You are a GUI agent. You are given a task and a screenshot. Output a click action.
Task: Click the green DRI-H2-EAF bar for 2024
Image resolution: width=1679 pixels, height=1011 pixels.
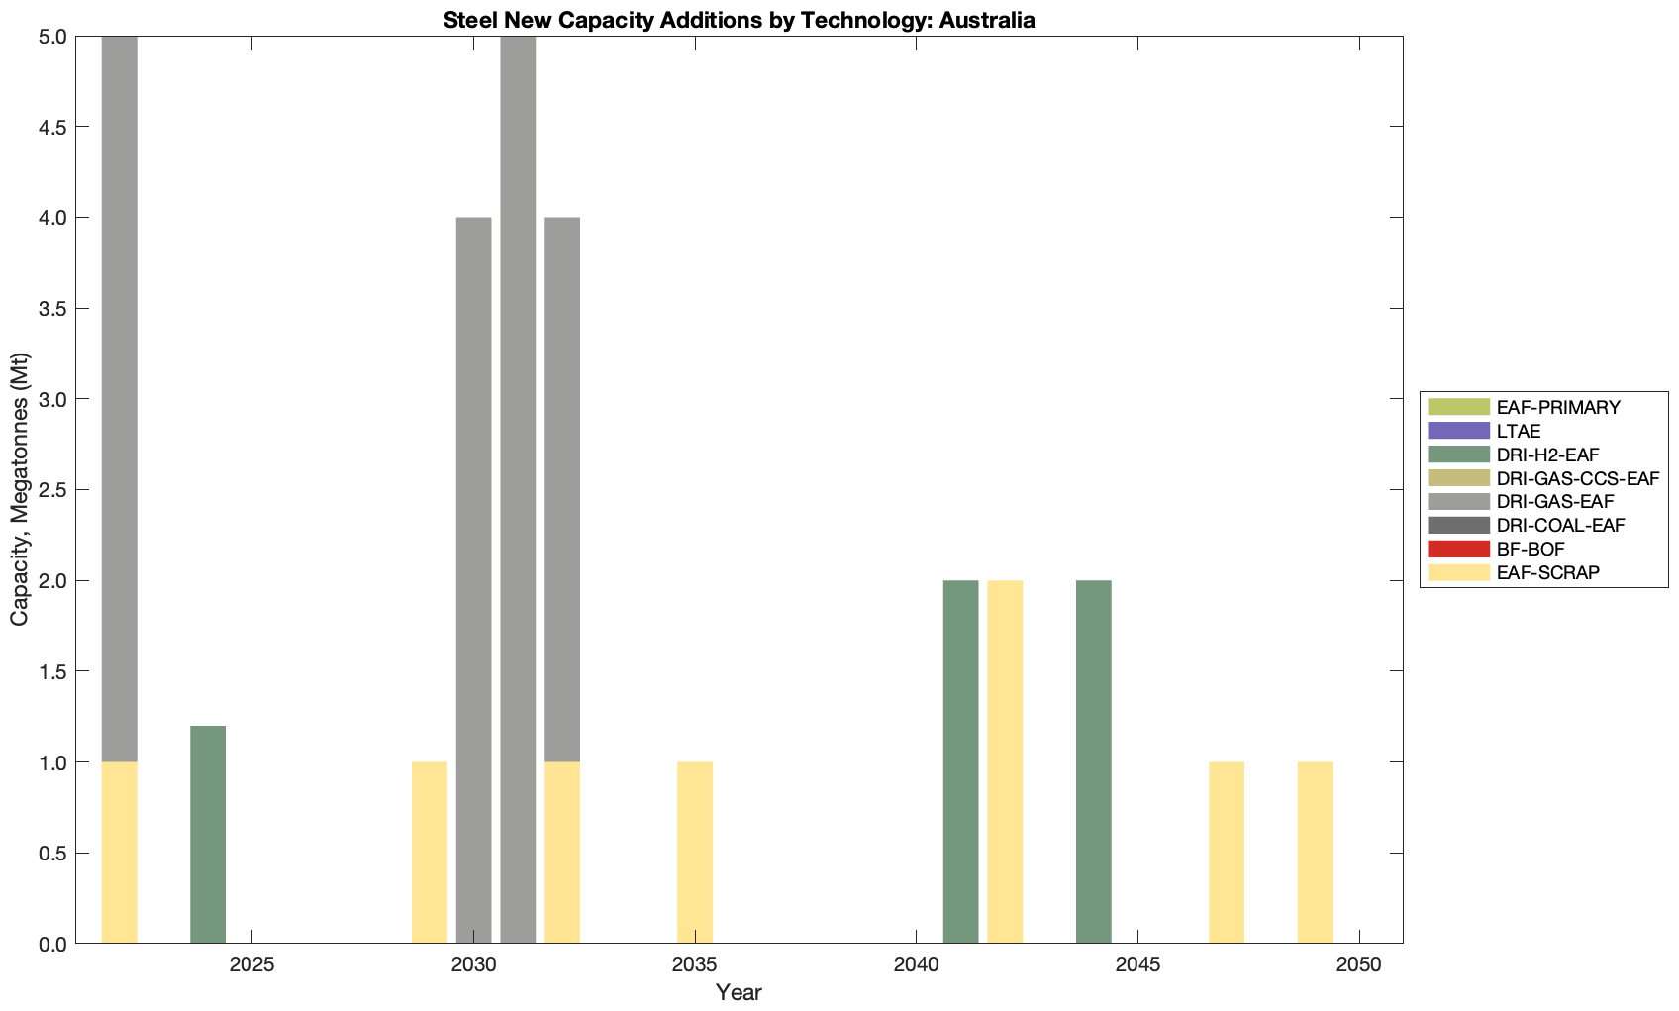click(x=208, y=835)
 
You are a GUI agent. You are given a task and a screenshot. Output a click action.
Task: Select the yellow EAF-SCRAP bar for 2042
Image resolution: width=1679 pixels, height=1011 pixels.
click(x=1005, y=761)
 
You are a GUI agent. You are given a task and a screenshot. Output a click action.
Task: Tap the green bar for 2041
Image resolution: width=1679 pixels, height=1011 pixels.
click(x=960, y=761)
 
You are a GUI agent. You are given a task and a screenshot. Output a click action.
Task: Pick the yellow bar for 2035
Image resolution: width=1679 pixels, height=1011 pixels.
click(x=695, y=853)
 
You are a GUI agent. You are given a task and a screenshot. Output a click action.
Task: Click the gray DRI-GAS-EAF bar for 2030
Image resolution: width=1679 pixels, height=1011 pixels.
click(x=473, y=580)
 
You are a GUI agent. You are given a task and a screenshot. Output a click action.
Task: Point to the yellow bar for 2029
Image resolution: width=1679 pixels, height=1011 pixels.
click(x=430, y=853)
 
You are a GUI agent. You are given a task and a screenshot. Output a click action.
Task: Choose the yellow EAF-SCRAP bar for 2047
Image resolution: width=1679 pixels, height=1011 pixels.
click(x=1227, y=853)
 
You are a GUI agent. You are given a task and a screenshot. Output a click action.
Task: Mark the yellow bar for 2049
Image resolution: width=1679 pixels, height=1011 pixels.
click(x=1315, y=853)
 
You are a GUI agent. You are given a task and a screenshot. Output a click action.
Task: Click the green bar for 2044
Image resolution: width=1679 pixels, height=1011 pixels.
click(x=1094, y=761)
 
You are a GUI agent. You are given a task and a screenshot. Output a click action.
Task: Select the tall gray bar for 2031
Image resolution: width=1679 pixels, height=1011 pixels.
click(x=518, y=489)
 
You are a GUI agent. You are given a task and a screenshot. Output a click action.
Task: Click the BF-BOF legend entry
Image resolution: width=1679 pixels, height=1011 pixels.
click(x=1531, y=549)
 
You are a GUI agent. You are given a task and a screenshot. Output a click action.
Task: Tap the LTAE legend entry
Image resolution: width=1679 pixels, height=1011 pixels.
click(x=1519, y=431)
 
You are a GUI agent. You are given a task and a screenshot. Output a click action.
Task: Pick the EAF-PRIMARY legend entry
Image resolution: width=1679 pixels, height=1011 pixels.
click(x=1557, y=407)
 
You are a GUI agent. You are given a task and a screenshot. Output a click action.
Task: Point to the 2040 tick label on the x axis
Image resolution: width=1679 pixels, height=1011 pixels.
click(x=916, y=965)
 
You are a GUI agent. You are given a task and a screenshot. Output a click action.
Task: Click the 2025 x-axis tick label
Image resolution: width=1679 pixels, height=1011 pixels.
click(x=251, y=965)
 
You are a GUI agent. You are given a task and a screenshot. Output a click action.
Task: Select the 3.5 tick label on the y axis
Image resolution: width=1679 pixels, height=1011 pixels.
click(x=51, y=309)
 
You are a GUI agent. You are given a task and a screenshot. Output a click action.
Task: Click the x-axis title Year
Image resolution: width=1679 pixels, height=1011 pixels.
click(x=739, y=992)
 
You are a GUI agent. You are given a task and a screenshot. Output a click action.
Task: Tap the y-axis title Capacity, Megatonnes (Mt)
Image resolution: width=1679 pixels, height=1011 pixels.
click(x=20, y=489)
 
